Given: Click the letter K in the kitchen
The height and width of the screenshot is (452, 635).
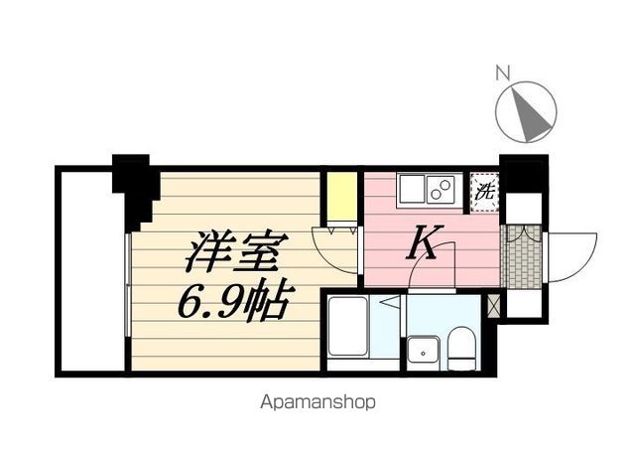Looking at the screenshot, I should click(424, 242).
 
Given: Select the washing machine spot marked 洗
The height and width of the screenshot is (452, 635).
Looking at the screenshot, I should click(484, 190).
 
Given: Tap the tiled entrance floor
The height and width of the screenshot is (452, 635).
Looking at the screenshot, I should click(522, 256).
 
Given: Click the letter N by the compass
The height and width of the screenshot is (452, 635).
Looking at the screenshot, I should click(502, 72).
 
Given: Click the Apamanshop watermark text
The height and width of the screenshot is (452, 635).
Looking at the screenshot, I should click(317, 403).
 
